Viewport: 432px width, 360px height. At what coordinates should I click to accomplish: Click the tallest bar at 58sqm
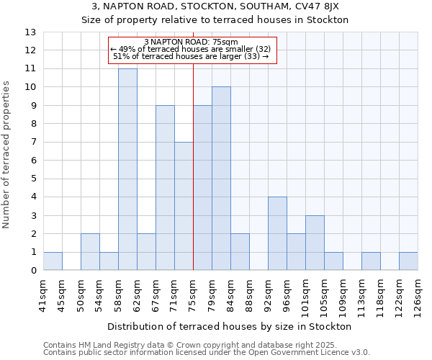(x=127, y=169)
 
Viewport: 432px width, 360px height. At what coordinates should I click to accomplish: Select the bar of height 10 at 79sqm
(x=221, y=179)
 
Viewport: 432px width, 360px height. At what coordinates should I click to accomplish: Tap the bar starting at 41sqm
(x=53, y=261)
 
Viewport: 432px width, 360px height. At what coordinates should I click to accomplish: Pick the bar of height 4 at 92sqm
(x=277, y=233)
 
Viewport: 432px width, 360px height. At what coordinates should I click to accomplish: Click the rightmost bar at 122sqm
(x=408, y=261)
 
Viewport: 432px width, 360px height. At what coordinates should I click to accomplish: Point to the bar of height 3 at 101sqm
(x=315, y=243)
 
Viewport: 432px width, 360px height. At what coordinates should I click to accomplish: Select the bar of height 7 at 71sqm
(x=184, y=206)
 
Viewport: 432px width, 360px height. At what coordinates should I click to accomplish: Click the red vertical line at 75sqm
(x=193, y=166)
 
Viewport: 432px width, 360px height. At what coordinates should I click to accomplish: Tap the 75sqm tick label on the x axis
(x=193, y=293)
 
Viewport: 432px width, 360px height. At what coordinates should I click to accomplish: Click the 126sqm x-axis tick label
(x=418, y=293)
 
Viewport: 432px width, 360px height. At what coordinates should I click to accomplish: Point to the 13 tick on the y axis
(x=30, y=32)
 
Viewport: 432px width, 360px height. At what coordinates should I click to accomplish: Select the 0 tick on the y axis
(x=33, y=271)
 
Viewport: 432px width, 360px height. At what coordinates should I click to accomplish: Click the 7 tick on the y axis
(x=33, y=142)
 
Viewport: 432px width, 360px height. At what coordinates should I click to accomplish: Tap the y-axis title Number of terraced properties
(x=6, y=154)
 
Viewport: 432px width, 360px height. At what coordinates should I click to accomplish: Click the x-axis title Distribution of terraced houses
(x=230, y=326)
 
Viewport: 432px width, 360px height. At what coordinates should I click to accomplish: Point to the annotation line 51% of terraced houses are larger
(x=192, y=56)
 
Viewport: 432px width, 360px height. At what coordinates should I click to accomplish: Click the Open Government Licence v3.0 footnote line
(x=207, y=353)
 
